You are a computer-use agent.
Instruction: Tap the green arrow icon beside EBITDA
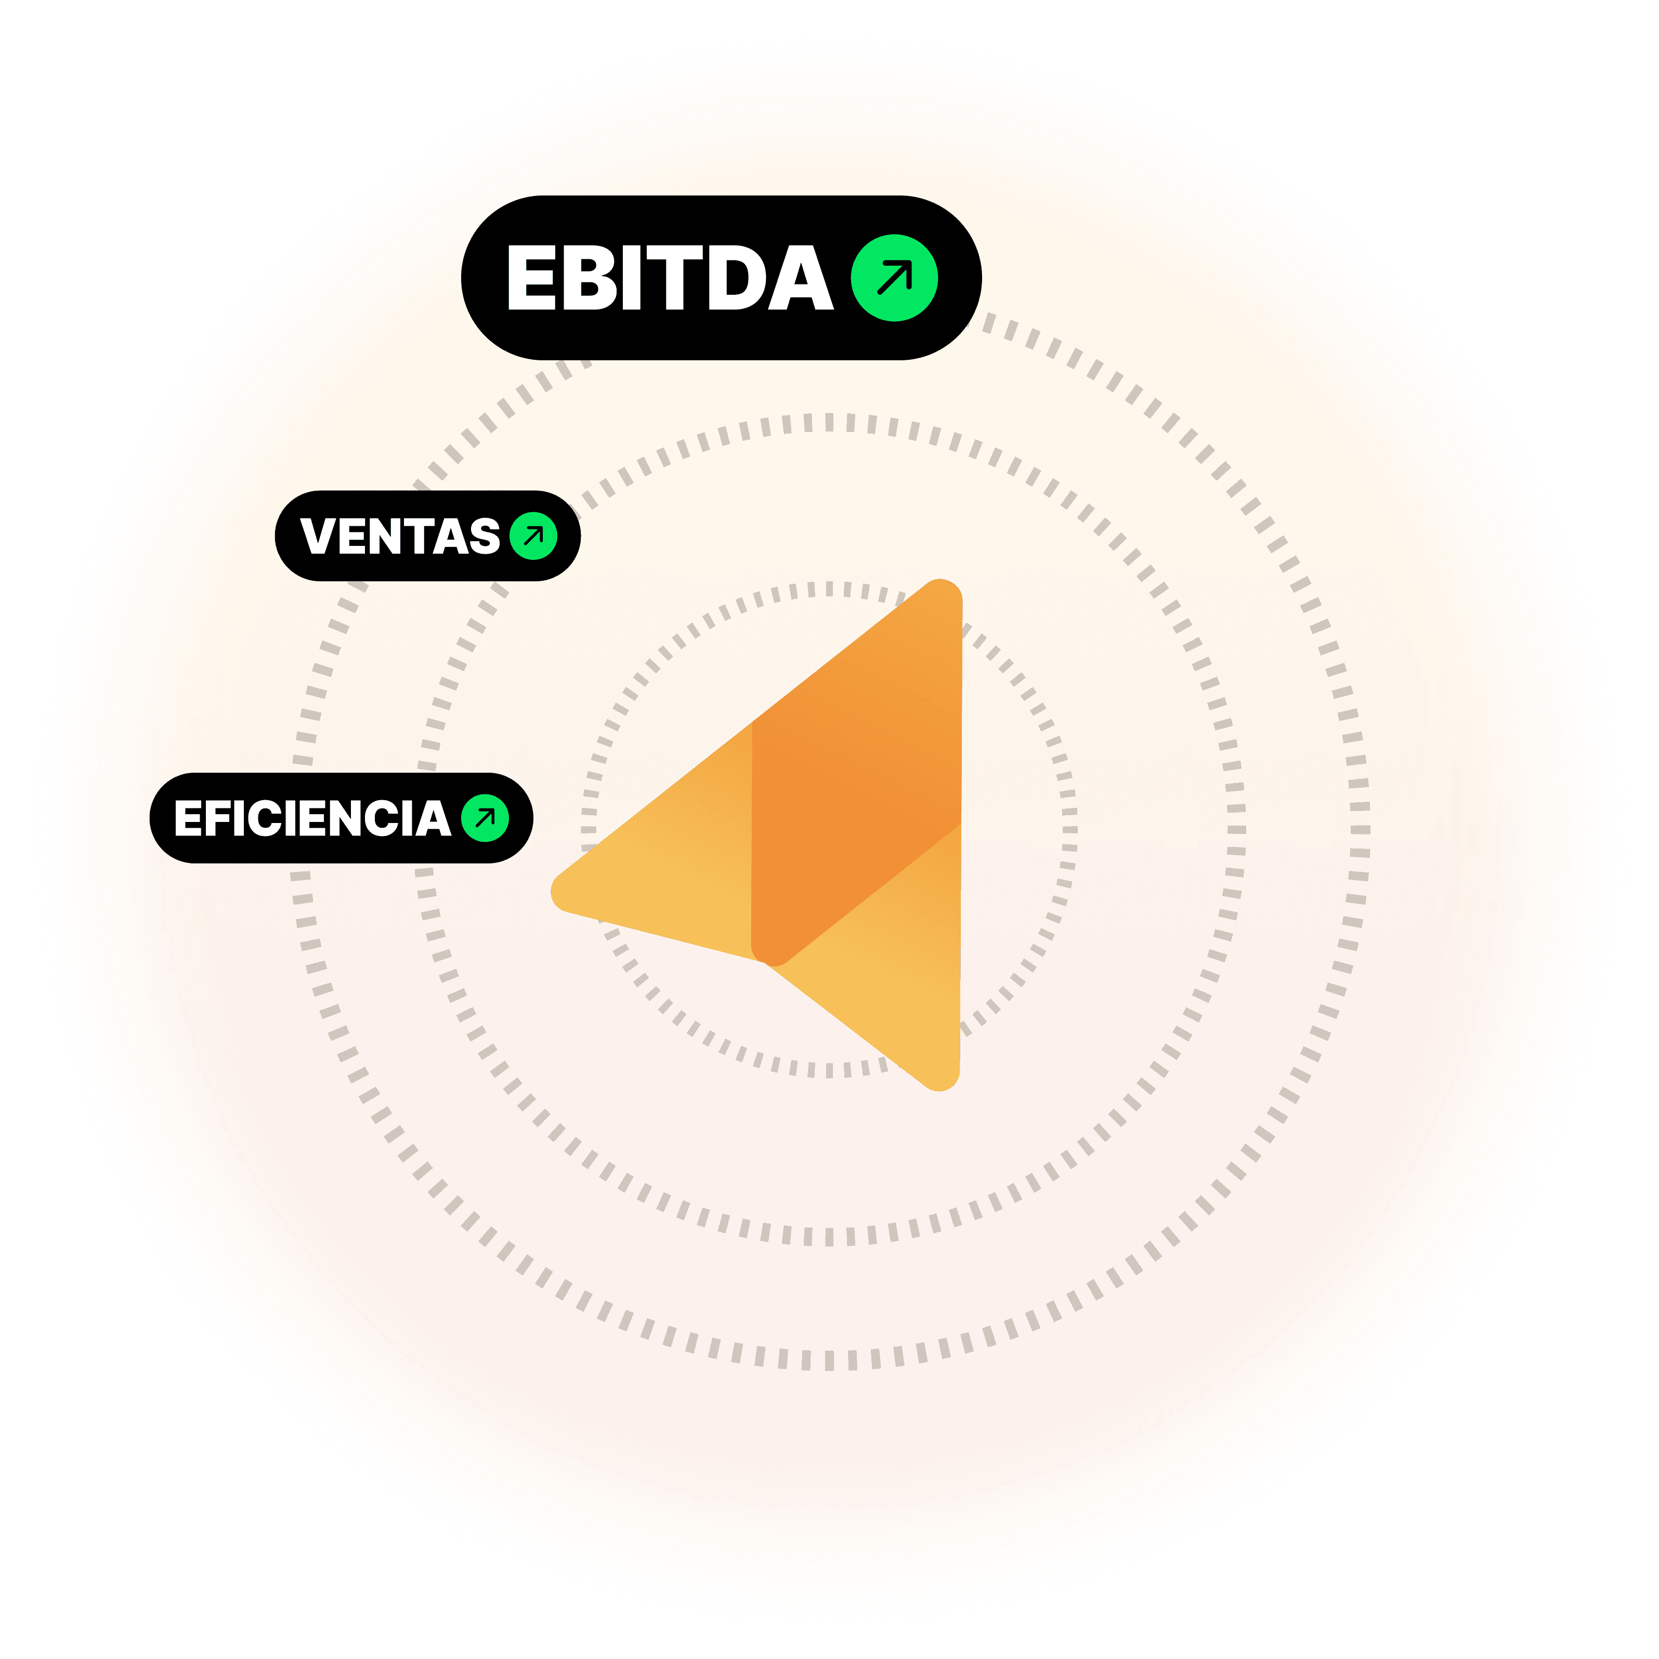click(x=894, y=277)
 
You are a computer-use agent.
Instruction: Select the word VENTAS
click(x=399, y=536)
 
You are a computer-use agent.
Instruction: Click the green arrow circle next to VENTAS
click(x=533, y=536)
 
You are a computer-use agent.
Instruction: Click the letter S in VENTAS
click(x=484, y=536)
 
